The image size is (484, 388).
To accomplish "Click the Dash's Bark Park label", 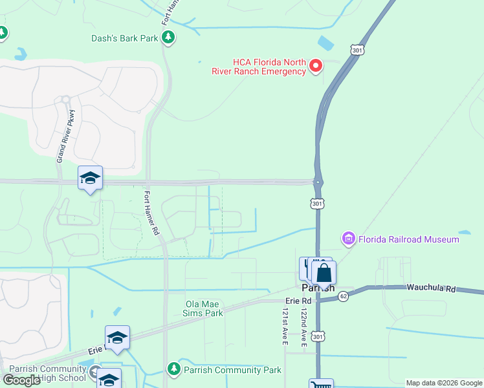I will tap(125, 38).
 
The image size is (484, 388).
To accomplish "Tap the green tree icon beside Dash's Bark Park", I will tap(168, 38).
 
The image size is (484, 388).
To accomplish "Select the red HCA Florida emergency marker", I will tap(316, 65).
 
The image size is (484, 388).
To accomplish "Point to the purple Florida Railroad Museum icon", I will tap(349, 239).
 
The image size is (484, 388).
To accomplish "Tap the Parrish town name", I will tap(318, 288).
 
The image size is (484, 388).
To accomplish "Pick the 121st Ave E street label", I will tap(284, 325).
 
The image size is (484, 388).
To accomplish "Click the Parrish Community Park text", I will tap(232, 370).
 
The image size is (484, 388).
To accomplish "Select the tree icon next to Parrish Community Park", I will tap(173, 369).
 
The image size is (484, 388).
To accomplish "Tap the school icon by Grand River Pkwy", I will tap(90, 178).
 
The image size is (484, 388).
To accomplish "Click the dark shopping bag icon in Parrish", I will tap(324, 272).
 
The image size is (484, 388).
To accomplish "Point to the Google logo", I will tap(21, 380).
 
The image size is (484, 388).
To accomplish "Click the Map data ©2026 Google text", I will tap(445, 383).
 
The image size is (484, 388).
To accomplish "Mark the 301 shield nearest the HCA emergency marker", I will tap(356, 48).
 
